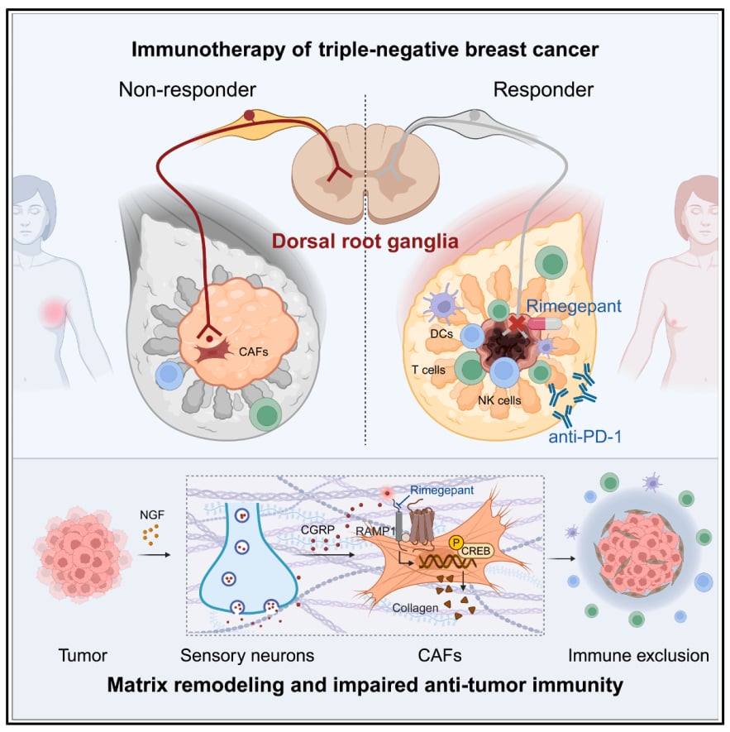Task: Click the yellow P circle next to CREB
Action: click(x=455, y=543)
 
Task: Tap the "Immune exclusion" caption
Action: click(x=638, y=656)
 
